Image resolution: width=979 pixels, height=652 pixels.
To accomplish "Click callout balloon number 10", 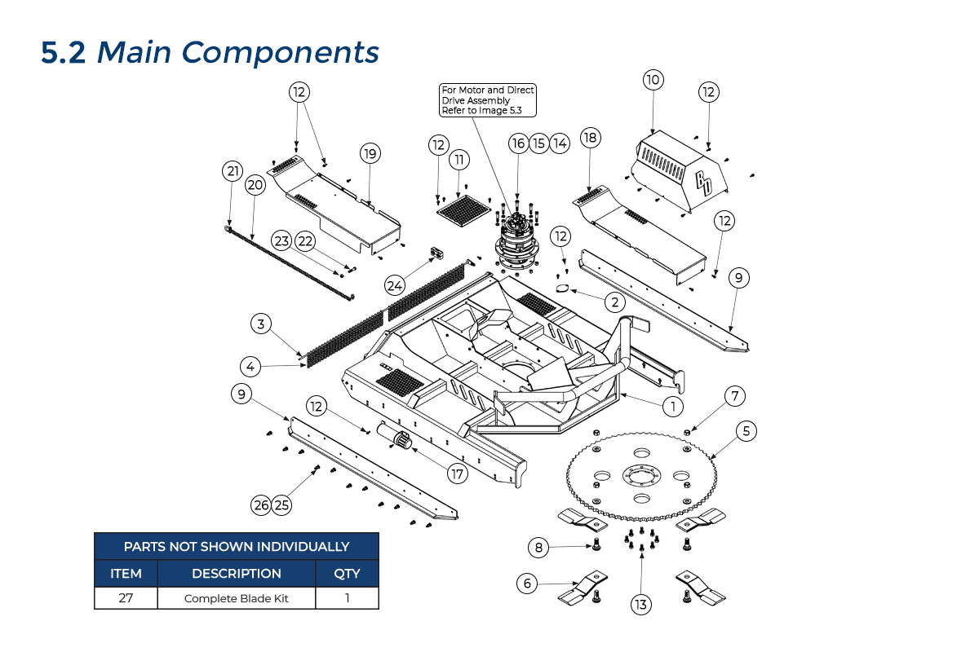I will point(653,80).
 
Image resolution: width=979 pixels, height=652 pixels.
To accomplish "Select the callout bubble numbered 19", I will point(370,153).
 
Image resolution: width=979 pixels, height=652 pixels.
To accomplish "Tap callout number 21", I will point(233,171).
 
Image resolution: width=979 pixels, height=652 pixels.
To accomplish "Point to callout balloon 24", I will point(395,285).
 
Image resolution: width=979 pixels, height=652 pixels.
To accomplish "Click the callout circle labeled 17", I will point(457,472).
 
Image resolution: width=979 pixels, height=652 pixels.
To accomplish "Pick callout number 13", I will point(640,604).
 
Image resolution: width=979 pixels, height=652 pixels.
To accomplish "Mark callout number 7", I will point(734,396).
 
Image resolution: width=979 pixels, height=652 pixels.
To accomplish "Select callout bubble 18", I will point(590,138).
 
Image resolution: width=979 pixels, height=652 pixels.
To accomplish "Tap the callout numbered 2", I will point(614,302).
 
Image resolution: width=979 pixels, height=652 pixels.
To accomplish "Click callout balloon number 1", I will point(672,404).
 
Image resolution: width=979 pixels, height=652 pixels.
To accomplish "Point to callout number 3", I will point(260,324).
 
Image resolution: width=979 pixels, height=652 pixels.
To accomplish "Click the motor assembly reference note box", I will point(488,99).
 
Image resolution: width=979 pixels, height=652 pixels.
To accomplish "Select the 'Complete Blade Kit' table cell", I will point(237,598).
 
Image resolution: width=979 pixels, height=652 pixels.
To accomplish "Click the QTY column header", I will point(347,573).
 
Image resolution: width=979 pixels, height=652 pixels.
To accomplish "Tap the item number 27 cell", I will point(126,598).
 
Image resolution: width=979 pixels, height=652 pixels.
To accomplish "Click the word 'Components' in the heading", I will point(281,52).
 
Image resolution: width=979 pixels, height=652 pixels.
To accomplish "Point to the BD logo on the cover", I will point(703,182).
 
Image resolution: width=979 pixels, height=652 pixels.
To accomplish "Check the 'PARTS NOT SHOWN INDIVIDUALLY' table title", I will point(237,546).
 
